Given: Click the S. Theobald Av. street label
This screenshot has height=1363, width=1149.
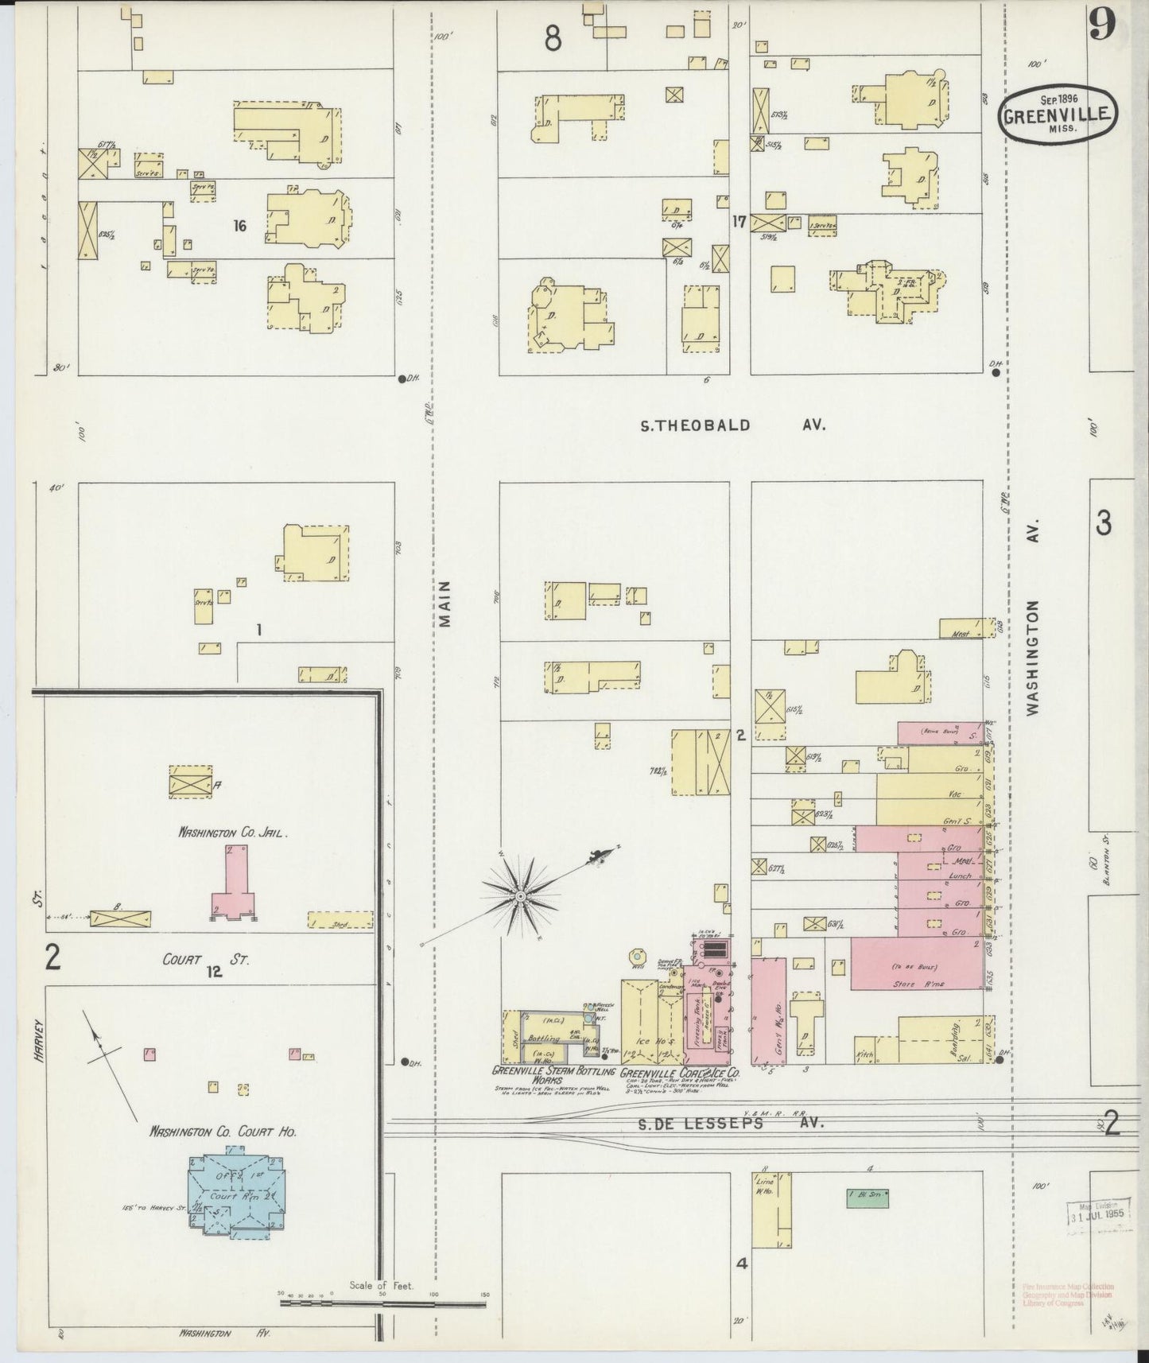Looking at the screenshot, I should (x=732, y=425).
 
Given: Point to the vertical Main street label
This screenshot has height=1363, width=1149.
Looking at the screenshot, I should (x=446, y=604).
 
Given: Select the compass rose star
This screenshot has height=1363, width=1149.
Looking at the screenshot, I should (x=520, y=895).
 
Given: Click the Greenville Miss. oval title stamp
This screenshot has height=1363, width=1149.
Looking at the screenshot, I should (x=1058, y=115).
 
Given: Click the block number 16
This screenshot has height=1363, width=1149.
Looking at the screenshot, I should (x=239, y=226).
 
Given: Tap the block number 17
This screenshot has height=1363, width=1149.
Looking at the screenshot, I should (x=739, y=222).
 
